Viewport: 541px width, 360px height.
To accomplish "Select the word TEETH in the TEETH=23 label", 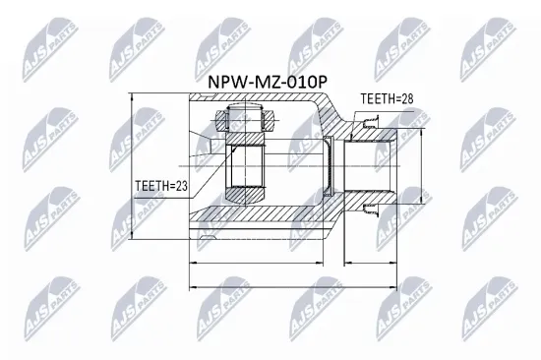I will (153, 183).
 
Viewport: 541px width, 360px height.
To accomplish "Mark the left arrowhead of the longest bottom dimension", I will (188, 287).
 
